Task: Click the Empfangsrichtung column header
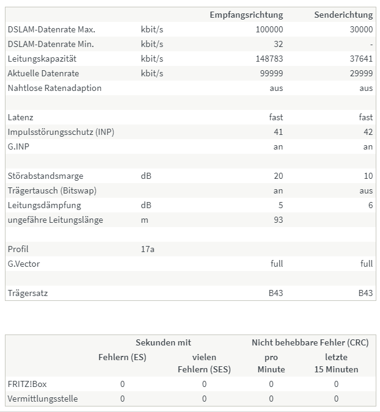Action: (246, 15)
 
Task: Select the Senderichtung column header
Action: (343, 15)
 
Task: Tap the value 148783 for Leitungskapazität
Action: (269, 59)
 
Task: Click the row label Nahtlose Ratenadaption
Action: (54, 88)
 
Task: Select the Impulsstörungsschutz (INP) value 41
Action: (278, 132)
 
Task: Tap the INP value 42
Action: (368, 132)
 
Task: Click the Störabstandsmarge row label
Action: (45, 176)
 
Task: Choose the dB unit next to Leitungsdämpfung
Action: (146, 205)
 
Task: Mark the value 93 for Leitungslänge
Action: (278, 220)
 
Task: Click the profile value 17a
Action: (147, 249)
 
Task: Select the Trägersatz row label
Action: (27, 293)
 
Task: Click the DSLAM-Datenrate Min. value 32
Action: (278, 44)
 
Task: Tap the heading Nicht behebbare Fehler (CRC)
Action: (310, 342)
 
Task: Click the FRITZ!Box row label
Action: (25, 384)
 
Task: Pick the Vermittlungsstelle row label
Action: (42, 399)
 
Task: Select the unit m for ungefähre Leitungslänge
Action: (144, 220)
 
